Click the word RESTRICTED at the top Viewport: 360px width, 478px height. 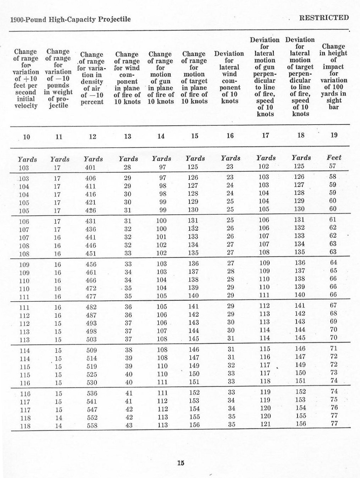324,18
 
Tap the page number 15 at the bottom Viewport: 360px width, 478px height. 181,463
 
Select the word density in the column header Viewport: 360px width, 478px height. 92,82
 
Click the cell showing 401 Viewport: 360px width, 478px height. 90,167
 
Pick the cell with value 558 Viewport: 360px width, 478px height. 92,426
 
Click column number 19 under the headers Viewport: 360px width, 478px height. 334,135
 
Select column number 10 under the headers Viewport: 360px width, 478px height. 27,137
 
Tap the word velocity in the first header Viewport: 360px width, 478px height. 26,106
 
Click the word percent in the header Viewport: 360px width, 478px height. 92,102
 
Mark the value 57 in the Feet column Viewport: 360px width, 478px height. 332,166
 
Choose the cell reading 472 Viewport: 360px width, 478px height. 91,288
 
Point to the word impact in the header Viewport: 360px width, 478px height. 333,67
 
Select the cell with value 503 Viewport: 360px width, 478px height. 91,339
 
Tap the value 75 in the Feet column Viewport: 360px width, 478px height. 334,400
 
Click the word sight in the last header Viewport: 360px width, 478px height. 333,100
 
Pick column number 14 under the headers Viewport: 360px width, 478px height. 161,136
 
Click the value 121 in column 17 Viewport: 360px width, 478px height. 265,424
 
